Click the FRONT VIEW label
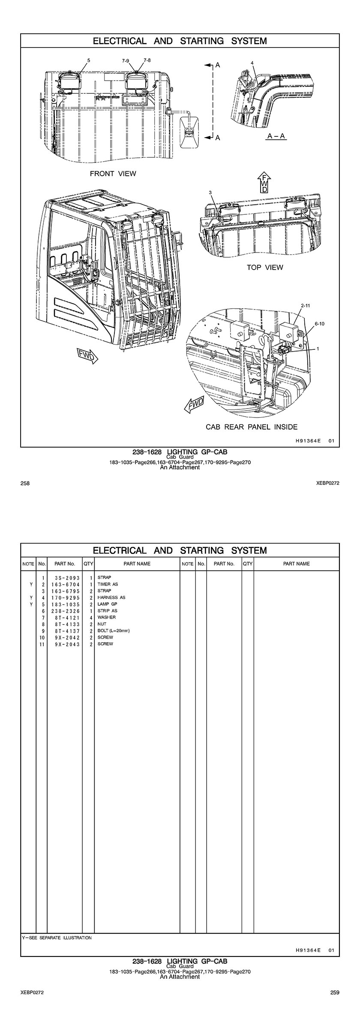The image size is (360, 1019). (x=113, y=174)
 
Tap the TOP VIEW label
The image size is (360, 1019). (x=265, y=268)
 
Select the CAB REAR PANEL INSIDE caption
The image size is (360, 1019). (x=252, y=427)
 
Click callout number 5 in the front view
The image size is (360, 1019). (x=89, y=60)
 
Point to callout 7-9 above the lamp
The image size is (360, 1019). (x=125, y=61)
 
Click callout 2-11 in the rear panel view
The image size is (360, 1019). (x=306, y=306)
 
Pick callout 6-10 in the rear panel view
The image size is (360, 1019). (x=319, y=324)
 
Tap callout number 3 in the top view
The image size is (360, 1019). (x=210, y=192)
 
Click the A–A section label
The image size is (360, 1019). (x=276, y=136)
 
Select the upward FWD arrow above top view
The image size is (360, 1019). (x=265, y=182)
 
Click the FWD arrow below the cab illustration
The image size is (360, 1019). (x=87, y=356)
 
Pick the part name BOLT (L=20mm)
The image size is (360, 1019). (x=114, y=631)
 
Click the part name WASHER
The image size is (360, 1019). (x=107, y=617)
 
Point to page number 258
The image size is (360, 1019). (x=25, y=484)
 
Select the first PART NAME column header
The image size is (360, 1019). (x=137, y=564)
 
